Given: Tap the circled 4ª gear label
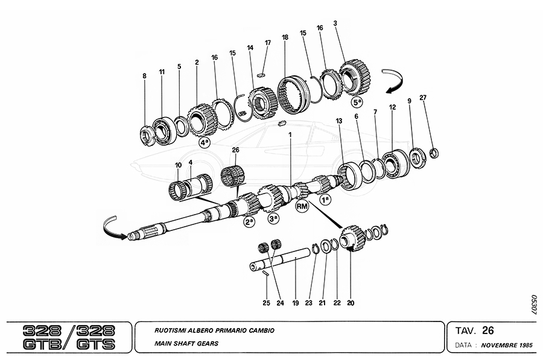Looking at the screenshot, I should coord(205,142).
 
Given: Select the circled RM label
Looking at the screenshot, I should coord(302,206).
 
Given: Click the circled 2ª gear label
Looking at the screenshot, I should coord(249,222).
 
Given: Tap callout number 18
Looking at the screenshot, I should coord(284,37).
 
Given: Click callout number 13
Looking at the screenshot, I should coord(339,121).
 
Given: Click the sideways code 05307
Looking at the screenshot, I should coord(533,306).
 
